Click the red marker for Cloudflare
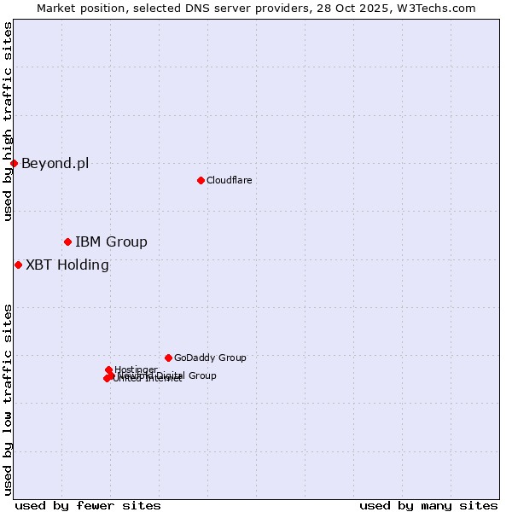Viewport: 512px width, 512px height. point(201,180)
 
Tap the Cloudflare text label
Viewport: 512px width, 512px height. point(229,180)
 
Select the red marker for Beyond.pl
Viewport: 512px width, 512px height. point(15,163)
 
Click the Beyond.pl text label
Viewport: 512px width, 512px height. point(55,164)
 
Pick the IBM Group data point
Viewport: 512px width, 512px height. point(67,241)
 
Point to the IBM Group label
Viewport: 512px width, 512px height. point(111,242)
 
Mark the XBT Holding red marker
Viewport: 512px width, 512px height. point(18,265)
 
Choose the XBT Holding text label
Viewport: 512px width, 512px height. point(67,265)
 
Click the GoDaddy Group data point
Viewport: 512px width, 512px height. point(168,358)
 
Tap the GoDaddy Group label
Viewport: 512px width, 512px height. point(210,358)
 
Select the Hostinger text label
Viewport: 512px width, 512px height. point(136,369)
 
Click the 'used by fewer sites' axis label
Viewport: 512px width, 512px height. point(88,505)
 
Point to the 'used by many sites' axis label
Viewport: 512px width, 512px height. point(428,505)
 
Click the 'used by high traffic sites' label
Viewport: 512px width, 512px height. point(8,121)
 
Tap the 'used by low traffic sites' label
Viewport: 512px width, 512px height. point(8,399)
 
